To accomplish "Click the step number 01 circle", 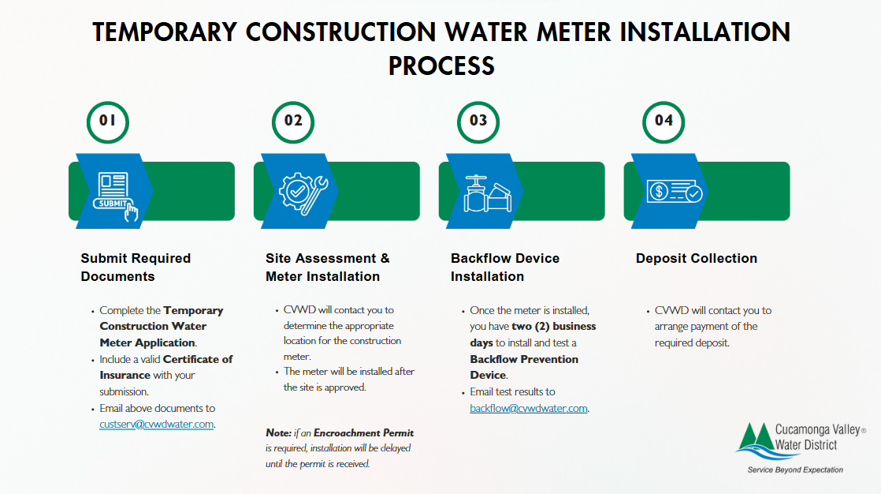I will (107, 121).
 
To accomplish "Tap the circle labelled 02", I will (293, 121).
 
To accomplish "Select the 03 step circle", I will (478, 121).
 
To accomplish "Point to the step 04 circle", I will (664, 121).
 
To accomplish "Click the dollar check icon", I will (673, 192).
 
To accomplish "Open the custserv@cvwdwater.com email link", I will (157, 425).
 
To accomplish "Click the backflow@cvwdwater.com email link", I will (529, 408).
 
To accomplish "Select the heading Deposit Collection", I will (696, 258).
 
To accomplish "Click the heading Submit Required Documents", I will (136, 267).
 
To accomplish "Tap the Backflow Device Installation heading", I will (504, 267).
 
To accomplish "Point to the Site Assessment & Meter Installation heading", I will (327, 267).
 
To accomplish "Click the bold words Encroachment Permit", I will (363, 432).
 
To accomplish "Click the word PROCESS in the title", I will (441, 65).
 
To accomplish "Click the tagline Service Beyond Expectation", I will (794, 470).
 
